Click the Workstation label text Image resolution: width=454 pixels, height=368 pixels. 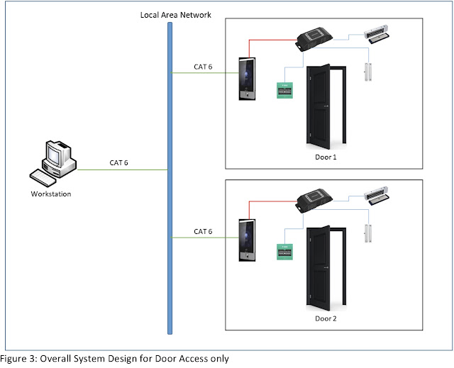(51, 193)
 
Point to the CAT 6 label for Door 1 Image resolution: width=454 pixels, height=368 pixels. (203, 67)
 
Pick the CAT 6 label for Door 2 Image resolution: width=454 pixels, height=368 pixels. (203, 231)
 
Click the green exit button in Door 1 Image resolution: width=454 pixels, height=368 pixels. (284, 90)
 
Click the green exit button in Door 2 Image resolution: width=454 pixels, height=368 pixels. (284, 252)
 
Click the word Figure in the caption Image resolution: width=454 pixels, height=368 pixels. (16, 359)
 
